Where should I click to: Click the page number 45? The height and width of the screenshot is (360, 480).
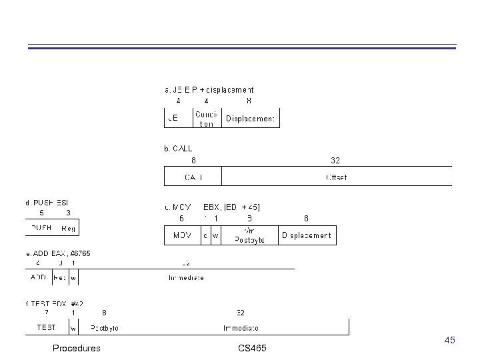pyautogui.click(x=450, y=341)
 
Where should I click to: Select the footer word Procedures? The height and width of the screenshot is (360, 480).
pyautogui.click(x=77, y=348)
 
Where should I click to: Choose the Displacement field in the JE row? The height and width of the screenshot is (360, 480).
pyautogui.click(x=250, y=119)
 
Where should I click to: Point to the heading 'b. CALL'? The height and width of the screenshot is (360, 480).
pyautogui.click(x=178, y=149)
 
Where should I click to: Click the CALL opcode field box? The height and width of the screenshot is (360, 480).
pyautogui.click(x=193, y=177)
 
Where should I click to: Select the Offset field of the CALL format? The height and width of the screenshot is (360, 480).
pyautogui.click(x=336, y=177)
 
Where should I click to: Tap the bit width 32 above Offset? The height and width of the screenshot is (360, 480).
pyautogui.click(x=335, y=160)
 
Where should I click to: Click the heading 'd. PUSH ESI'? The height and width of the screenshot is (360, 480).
pyautogui.click(x=47, y=202)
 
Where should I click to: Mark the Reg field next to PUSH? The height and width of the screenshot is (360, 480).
pyautogui.click(x=69, y=229)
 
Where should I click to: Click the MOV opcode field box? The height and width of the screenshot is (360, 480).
pyautogui.click(x=182, y=235)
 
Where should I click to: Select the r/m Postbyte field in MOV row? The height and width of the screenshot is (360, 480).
pyautogui.click(x=249, y=235)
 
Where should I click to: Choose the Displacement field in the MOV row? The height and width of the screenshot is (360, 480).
pyautogui.click(x=306, y=235)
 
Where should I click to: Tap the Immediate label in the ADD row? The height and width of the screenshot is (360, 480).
pyautogui.click(x=186, y=277)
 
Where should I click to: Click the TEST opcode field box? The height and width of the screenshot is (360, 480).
pyautogui.click(x=46, y=327)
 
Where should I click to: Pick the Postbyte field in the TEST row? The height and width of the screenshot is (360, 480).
pyautogui.click(x=105, y=327)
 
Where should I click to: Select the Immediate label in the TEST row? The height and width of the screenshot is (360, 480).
pyautogui.click(x=241, y=327)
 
